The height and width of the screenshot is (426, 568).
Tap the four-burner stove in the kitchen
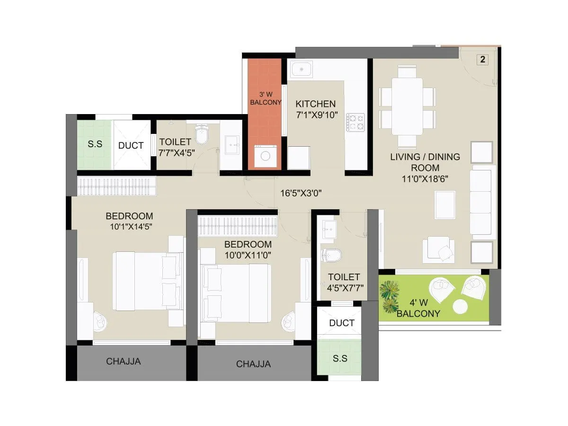pyautogui.click(x=355, y=122)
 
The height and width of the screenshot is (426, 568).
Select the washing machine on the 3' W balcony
pyautogui.click(x=265, y=156)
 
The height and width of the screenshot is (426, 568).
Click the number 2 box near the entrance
pyautogui.click(x=482, y=60)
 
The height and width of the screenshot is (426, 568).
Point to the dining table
pyautogui.click(x=407, y=106)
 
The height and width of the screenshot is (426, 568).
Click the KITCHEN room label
pyautogui.click(x=315, y=104)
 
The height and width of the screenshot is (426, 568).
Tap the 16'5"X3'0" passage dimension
pyautogui.click(x=301, y=193)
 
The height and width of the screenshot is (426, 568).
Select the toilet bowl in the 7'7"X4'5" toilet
pyautogui.click(x=202, y=135)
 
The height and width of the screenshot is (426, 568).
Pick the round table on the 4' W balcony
pyautogui.click(x=460, y=307)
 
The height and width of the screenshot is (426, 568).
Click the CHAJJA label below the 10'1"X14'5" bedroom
pyautogui.click(x=123, y=362)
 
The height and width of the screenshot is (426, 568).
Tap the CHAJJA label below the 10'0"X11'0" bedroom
pyautogui.click(x=254, y=364)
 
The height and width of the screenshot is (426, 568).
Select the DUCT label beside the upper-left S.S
pyautogui.click(x=131, y=145)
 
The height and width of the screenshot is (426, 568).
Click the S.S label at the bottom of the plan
pyautogui.click(x=340, y=358)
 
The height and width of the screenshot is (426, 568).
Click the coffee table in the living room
pyautogui.click(x=445, y=204)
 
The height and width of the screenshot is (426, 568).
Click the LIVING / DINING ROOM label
pyautogui.click(x=425, y=162)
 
